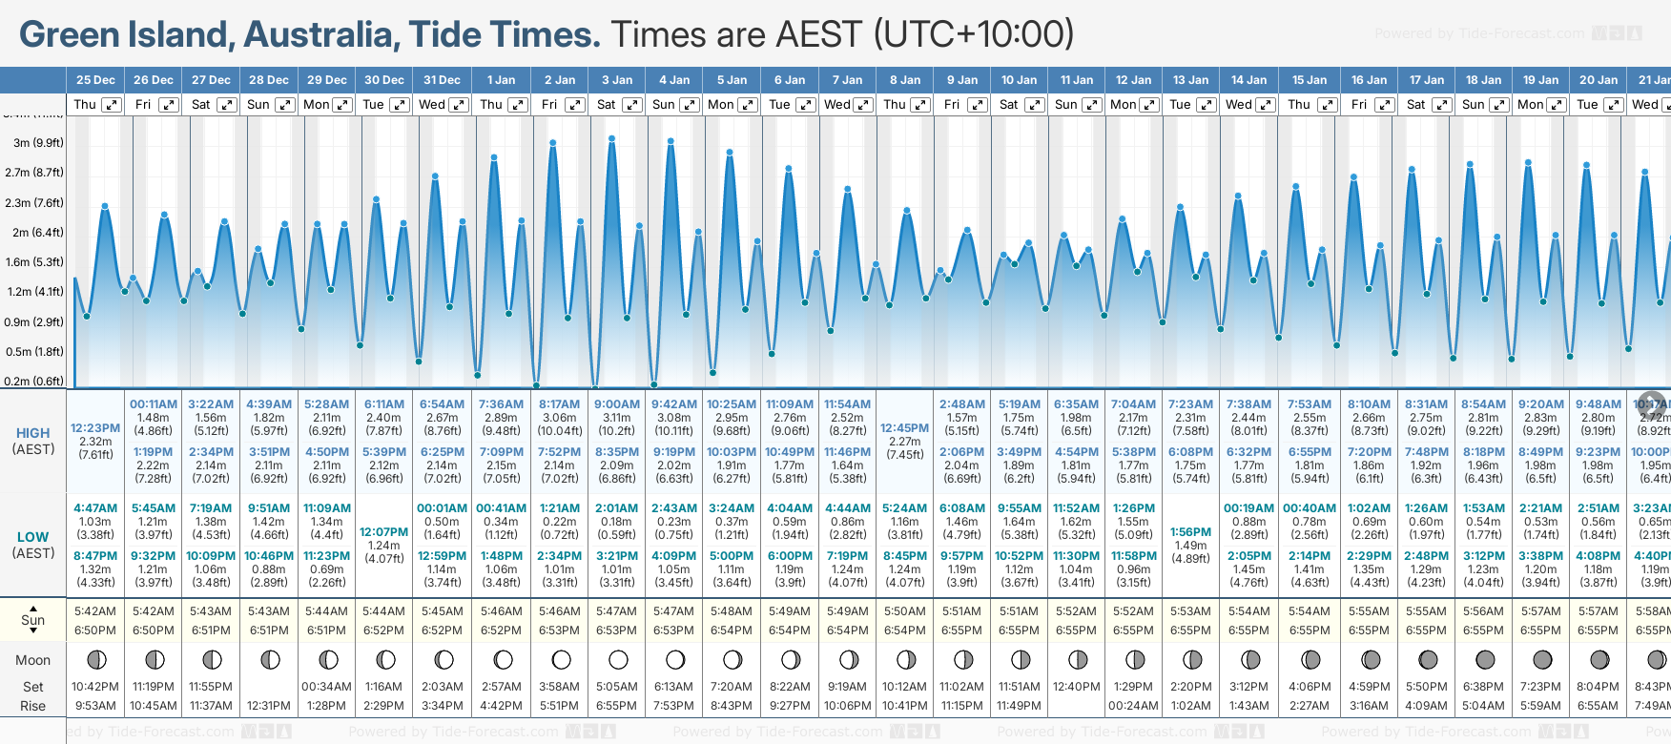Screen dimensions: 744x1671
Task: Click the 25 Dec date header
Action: tap(95, 80)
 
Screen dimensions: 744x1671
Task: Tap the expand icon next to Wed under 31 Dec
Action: tap(459, 105)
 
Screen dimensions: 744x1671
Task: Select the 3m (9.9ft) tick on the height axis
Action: tap(38, 143)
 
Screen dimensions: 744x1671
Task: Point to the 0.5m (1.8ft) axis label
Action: tap(34, 351)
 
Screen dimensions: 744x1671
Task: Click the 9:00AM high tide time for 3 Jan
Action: tap(616, 404)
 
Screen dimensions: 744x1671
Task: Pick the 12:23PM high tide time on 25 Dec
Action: tap(95, 428)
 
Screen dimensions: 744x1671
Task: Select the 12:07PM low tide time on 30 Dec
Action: tap(383, 532)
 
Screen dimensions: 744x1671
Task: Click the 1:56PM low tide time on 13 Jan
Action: tap(1190, 532)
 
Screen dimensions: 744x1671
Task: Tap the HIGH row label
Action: tap(32, 433)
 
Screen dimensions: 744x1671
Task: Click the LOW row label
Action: tap(32, 537)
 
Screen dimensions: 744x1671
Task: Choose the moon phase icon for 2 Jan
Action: tap(561, 659)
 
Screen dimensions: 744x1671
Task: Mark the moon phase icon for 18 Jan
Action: tap(1484, 659)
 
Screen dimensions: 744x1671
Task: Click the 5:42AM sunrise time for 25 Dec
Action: tap(95, 611)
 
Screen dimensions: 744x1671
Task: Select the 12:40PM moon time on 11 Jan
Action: tap(1076, 687)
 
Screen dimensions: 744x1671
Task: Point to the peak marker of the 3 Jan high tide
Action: tap(612, 138)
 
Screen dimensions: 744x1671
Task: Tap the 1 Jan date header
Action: tap(501, 80)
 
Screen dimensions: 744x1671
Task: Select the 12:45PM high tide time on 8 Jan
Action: tap(904, 428)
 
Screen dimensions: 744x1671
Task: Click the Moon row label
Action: tap(32, 660)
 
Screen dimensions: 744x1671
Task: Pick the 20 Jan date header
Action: tap(1599, 80)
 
